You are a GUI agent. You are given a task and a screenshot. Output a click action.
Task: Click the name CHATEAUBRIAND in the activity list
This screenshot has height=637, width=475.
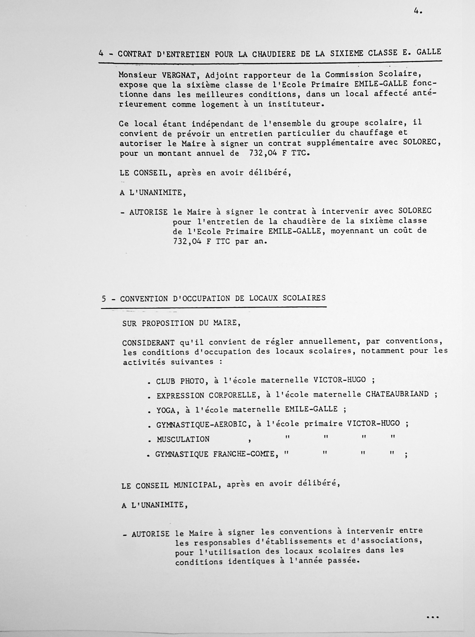coord(397,394)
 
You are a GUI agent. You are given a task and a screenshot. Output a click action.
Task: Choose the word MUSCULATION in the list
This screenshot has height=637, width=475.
coord(183,439)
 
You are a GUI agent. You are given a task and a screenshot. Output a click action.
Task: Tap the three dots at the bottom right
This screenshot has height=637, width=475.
coord(432,617)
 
